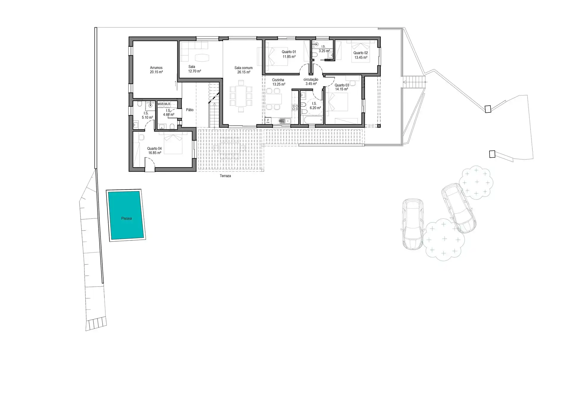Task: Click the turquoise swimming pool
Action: click(x=126, y=215)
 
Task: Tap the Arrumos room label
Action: click(x=156, y=68)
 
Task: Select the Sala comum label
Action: click(x=244, y=68)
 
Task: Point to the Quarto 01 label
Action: click(x=289, y=52)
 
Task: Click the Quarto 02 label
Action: click(x=361, y=53)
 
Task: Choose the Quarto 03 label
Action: click(x=342, y=85)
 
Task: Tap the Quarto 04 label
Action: click(x=154, y=149)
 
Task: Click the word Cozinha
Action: click(x=278, y=80)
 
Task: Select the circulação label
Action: click(x=311, y=80)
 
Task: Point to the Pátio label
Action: click(x=190, y=110)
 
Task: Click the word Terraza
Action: click(x=225, y=176)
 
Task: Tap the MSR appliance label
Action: click(x=161, y=104)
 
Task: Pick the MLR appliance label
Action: click(x=167, y=104)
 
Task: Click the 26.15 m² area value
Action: click(x=244, y=72)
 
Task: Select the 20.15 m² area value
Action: click(x=156, y=72)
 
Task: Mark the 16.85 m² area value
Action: click(x=155, y=153)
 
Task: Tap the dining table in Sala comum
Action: click(x=241, y=96)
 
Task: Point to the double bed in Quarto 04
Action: click(x=173, y=143)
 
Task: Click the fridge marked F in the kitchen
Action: click(x=268, y=121)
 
